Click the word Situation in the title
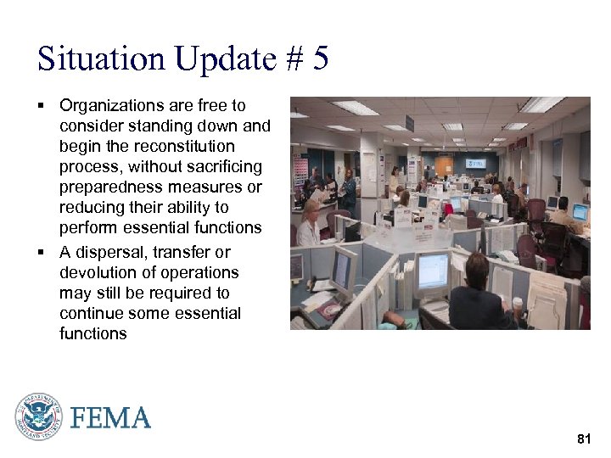click(101, 59)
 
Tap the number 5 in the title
click(320, 59)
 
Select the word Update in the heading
click(226, 59)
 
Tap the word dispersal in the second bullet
click(110, 252)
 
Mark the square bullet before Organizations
click(40, 106)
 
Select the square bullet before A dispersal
click(40, 252)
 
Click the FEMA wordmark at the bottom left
click(111, 418)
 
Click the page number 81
click(583, 438)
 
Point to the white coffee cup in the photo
click(517, 304)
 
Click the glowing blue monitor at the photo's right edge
click(580, 211)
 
